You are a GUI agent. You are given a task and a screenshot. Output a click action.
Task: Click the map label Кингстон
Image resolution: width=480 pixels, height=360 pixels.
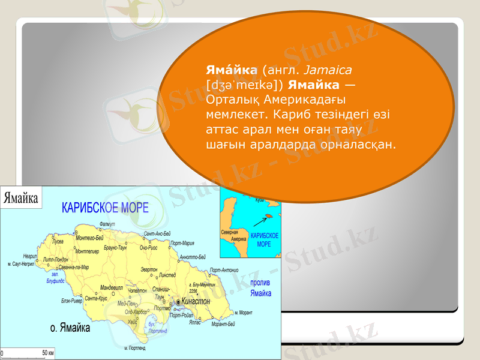pos(196,301)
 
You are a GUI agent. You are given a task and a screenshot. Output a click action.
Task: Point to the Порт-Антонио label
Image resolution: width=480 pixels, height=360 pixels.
pos(224,270)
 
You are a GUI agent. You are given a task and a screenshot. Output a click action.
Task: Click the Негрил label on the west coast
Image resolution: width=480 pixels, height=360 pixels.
pos(29,256)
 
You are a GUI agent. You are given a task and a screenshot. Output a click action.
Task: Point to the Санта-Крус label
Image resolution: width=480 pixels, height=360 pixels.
pos(96,298)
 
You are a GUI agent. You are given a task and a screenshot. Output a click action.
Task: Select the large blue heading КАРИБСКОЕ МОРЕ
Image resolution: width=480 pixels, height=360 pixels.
pos(106,208)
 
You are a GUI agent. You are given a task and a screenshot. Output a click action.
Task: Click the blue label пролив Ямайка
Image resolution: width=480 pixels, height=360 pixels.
pos(260,288)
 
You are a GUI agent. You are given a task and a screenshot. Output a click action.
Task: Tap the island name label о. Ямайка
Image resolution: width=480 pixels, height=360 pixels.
pos(70,328)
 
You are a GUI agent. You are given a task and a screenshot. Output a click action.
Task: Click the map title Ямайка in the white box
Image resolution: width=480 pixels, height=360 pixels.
pos(22,197)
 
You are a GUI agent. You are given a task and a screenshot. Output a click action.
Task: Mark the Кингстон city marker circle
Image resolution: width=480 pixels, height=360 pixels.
pos(178,302)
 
